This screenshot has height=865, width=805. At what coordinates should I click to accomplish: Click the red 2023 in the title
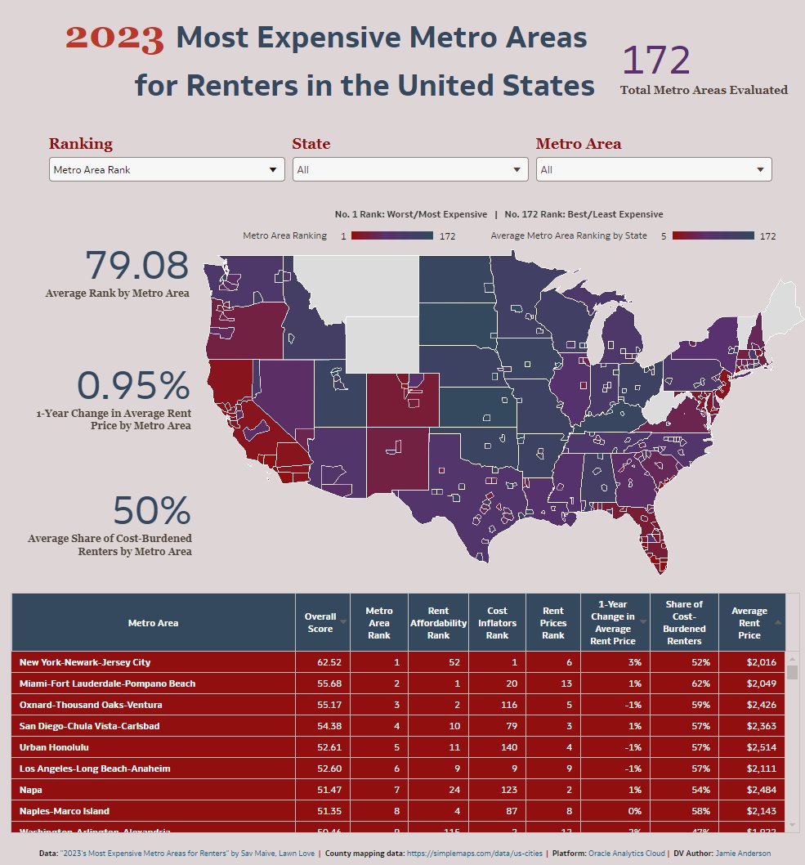pos(114,38)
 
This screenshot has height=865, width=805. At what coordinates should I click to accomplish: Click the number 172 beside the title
pos(656,61)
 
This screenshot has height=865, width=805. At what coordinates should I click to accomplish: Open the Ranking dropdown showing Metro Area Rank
pos(167,170)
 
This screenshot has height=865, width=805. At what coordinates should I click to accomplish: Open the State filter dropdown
pos(410,170)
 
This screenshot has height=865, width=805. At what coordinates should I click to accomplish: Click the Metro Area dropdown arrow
pos(760,170)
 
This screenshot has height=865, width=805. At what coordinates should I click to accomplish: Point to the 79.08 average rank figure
pos(136,267)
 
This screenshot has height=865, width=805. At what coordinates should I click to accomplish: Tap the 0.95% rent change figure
pos(133,387)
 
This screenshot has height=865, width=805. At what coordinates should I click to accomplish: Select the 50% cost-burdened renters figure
pos(151,511)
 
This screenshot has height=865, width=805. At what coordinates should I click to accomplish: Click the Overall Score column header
pos(320,623)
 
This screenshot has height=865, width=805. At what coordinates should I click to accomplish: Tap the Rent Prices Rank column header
pos(553,623)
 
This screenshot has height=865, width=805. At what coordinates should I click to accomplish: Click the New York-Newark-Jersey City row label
pos(85,662)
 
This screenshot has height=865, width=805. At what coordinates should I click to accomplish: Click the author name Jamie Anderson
pos(743,854)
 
